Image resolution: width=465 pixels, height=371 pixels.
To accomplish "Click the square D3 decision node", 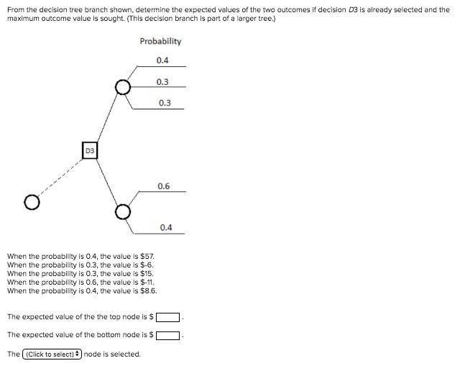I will click(90, 151).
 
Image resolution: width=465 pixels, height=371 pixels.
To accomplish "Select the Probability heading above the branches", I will click(160, 41).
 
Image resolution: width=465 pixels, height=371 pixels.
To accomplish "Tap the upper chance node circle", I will click(124, 88).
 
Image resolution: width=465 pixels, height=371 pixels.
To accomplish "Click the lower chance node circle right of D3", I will click(124, 212).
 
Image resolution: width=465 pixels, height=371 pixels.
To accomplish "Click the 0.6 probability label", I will click(164, 186).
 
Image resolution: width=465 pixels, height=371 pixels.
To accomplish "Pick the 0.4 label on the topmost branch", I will click(162, 60).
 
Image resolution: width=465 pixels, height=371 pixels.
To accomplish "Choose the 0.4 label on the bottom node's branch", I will click(166, 227).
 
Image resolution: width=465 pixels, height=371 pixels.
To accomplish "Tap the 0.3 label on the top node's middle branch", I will click(162, 82).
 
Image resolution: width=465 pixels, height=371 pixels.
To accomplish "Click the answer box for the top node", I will click(168, 317).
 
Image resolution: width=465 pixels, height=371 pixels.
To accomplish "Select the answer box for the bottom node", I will click(168, 335).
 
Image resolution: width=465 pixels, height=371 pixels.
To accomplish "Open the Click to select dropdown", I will click(52, 354).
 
